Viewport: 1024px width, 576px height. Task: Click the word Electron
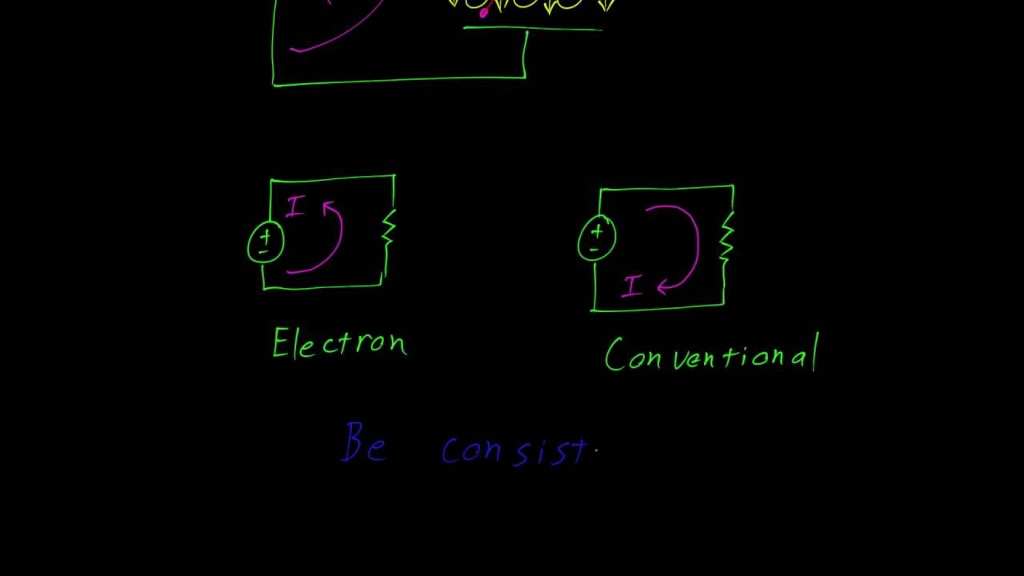(340, 344)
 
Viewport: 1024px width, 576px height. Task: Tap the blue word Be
(365, 444)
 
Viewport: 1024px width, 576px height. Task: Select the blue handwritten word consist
(516, 450)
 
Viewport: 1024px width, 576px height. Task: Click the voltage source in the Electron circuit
(266, 242)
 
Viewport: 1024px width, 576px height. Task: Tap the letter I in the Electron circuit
(295, 207)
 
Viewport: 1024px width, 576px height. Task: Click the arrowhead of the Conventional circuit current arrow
(663, 286)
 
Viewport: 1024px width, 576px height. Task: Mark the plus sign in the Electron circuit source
(266, 237)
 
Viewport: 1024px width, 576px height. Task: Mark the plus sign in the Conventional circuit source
(597, 232)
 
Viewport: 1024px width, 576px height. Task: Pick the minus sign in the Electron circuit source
(262, 252)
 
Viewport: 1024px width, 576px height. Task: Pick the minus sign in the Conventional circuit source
(594, 250)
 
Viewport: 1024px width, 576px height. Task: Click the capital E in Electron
(280, 344)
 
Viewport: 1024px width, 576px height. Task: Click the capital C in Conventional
(614, 355)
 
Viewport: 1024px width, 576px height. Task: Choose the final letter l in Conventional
(815, 353)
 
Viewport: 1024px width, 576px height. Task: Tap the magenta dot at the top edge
(484, 12)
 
